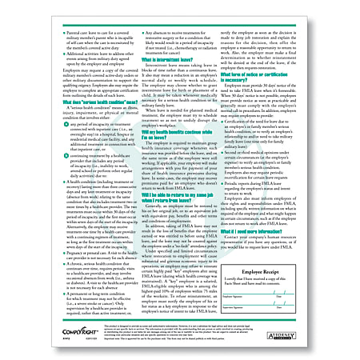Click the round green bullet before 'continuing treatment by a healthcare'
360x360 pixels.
click(x=48, y=151)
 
